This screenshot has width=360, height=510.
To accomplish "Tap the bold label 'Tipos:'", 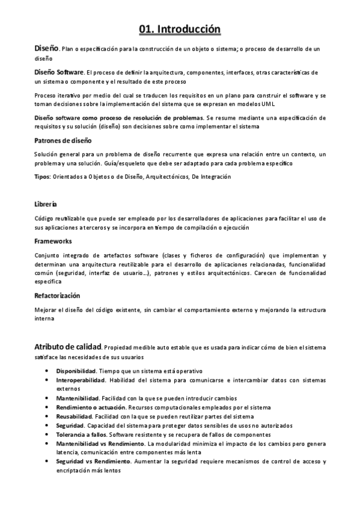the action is (43, 177).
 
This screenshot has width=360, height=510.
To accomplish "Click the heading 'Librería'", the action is (46, 204).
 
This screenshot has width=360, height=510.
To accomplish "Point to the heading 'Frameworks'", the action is (53, 241).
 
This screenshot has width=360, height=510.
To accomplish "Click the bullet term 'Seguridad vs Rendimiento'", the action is (93, 461).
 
